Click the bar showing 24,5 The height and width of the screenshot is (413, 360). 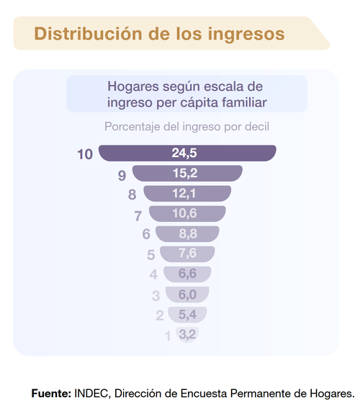coord(187,153)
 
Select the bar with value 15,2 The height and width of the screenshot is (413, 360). coord(187,173)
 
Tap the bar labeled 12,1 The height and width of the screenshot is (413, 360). coord(187,193)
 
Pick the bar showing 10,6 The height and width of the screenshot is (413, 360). coord(187,213)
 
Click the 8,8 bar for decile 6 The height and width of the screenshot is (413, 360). coord(187,234)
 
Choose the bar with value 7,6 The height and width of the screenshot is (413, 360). coord(187,254)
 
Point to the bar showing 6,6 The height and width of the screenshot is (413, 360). coord(187,274)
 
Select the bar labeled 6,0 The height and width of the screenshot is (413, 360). coord(187,294)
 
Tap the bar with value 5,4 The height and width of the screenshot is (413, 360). coord(187,314)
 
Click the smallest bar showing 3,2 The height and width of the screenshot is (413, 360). coord(187,334)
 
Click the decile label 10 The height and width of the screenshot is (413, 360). coord(85,154)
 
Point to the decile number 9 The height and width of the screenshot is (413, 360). coord(122,175)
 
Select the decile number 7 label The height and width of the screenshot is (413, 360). coord(138,216)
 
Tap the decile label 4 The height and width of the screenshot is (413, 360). coord(153,275)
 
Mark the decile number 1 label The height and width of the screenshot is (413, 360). coord(168,336)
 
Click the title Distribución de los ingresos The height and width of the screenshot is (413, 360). coord(159,34)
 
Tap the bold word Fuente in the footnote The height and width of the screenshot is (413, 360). coord(50,394)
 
